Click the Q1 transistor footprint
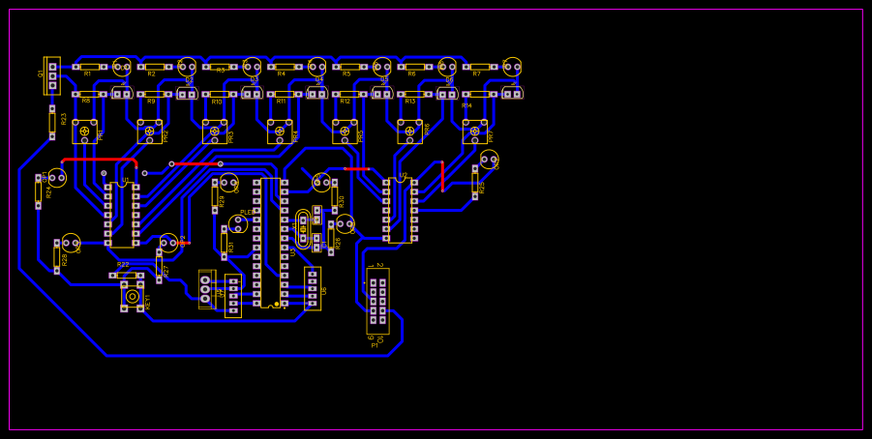(x=52, y=75)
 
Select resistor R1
(x=89, y=67)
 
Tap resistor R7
(x=479, y=67)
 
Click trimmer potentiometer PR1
(x=84, y=132)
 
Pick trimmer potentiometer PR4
(x=280, y=132)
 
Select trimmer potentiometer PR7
(x=474, y=132)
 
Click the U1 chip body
(x=122, y=214)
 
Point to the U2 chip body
(x=400, y=209)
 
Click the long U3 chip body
(x=270, y=243)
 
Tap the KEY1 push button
(x=132, y=296)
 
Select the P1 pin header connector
(x=377, y=301)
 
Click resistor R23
(x=52, y=122)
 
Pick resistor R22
(x=127, y=276)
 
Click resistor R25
(x=475, y=182)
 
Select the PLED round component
(x=238, y=224)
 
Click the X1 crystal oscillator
(x=303, y=229)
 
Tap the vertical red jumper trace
(x=442, y=176)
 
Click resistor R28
(x=57, y=257)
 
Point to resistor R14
(x=479, y=94)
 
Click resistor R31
(x=224, y=243)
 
